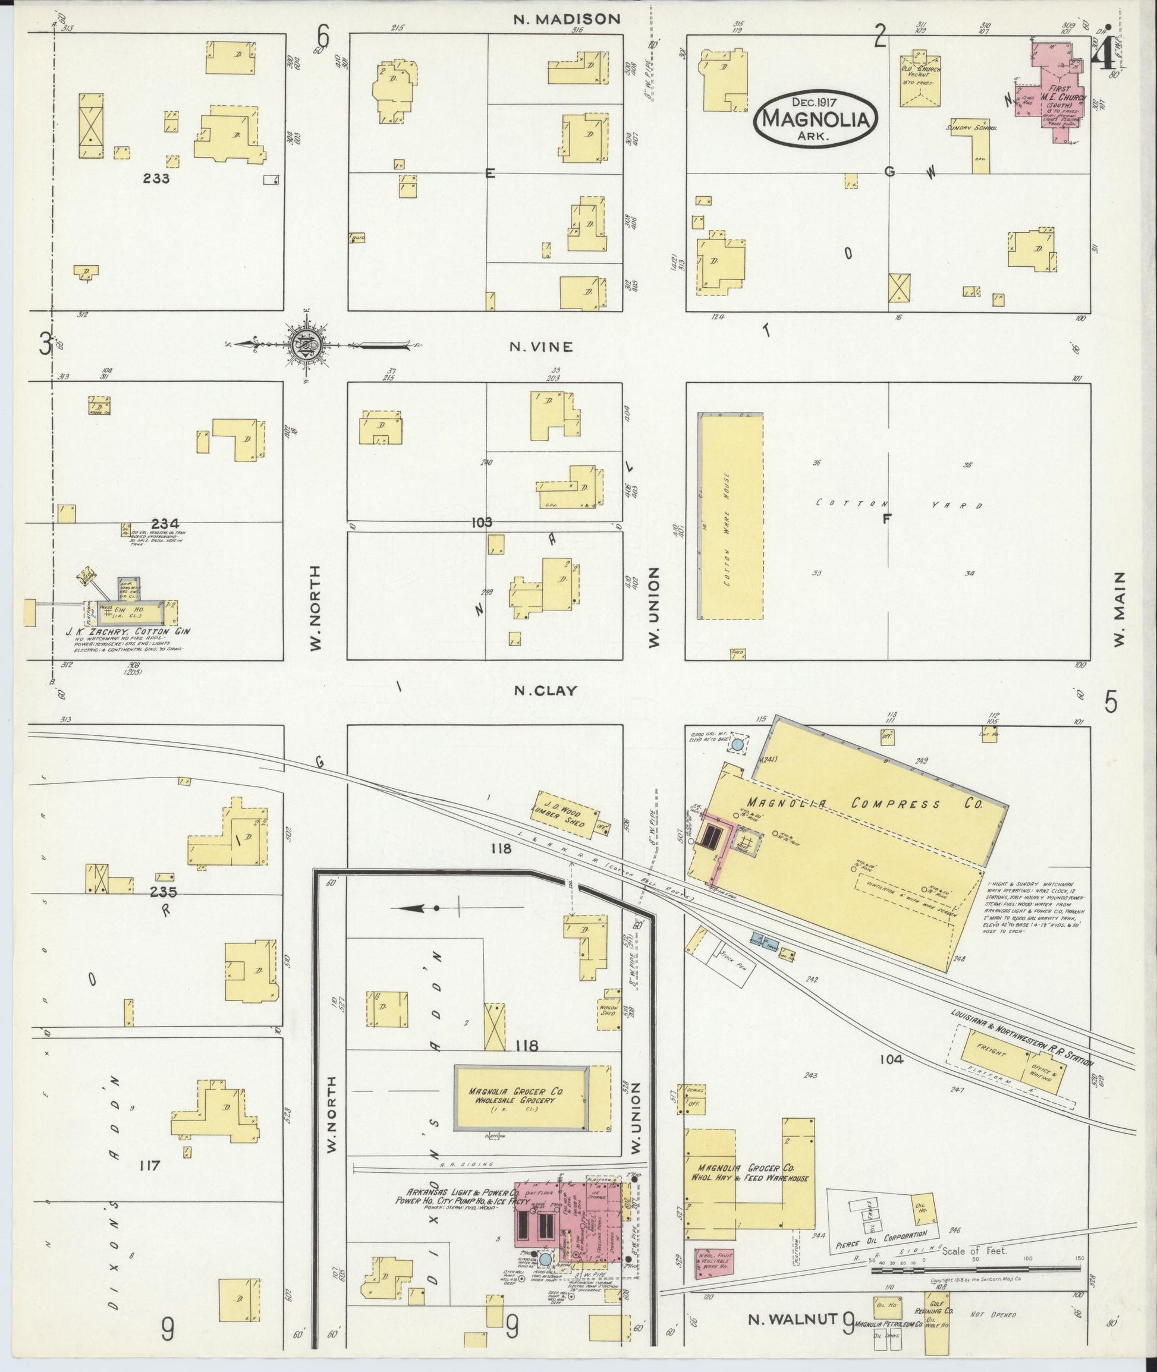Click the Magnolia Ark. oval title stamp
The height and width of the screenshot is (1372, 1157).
(815, 119)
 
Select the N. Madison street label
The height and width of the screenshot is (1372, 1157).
(567, 19)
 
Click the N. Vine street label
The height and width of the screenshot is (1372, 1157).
(542, 347)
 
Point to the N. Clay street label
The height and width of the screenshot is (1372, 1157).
(546, 690)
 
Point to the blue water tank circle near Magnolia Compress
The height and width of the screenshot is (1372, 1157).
(737, 745)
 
